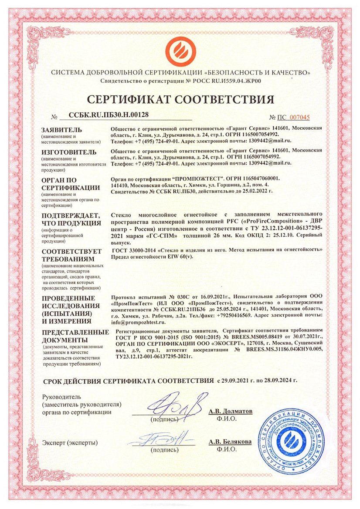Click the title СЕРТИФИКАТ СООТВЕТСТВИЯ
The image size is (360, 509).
180,98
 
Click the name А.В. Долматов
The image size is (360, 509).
231,411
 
